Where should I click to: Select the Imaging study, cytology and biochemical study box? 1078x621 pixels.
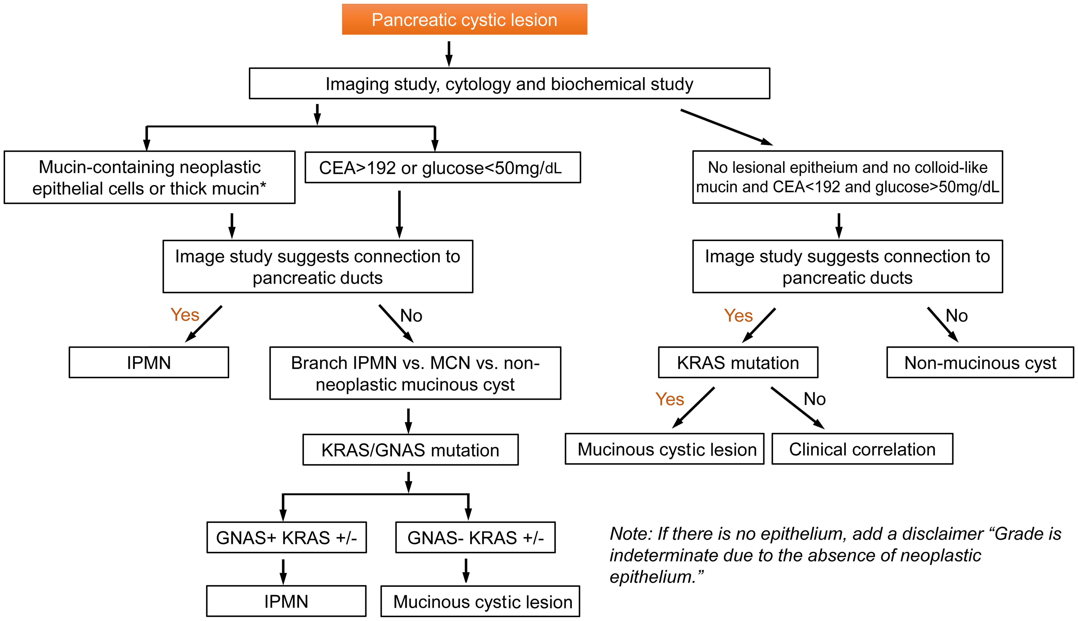(509, 84)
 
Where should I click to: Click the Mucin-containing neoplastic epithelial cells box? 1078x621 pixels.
(149, 177)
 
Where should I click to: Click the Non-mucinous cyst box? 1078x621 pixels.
(980, 362)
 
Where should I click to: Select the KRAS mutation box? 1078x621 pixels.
(738, 362)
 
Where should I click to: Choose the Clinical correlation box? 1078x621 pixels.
(862, 449)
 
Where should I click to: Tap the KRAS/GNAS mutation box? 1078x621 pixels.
(410, 450)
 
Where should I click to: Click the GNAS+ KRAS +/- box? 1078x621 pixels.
(286, 537)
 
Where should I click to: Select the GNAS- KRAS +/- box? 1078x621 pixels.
(476, 537)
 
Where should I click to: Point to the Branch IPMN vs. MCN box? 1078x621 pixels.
(415, 373)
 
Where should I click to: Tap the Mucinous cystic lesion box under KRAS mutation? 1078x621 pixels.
(667, 449)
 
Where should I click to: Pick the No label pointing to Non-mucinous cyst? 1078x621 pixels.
(957, 316)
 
